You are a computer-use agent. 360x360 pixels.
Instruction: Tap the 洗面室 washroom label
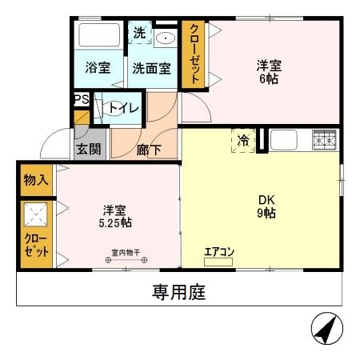pyautogui.click(x=151, y=68)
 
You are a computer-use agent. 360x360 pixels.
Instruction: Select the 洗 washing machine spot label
pyautogui.click(x=139, y=34)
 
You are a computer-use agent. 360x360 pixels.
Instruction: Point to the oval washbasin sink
pyautogui.click(x=166, y=38)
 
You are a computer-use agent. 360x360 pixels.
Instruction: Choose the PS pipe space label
pyautogui.click(x=81, y=99)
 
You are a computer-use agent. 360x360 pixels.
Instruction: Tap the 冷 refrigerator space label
pyautogui.click(x=243, y=140)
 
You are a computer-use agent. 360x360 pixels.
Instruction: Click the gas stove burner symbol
pyautogui.click(x=325, y=139)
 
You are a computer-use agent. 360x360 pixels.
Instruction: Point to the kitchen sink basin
pyautogui.click(x=284, y=139)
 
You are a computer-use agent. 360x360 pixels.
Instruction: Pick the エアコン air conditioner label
pyautogui.click(x=218, y=253)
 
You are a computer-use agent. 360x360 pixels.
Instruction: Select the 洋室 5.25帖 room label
pyautogui.click(x=115, y=215)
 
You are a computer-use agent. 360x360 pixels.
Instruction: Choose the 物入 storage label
pyautogui.click(x=36, y=178)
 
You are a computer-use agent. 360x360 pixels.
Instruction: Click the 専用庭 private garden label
pyautogui.click(x=179, y=292)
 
